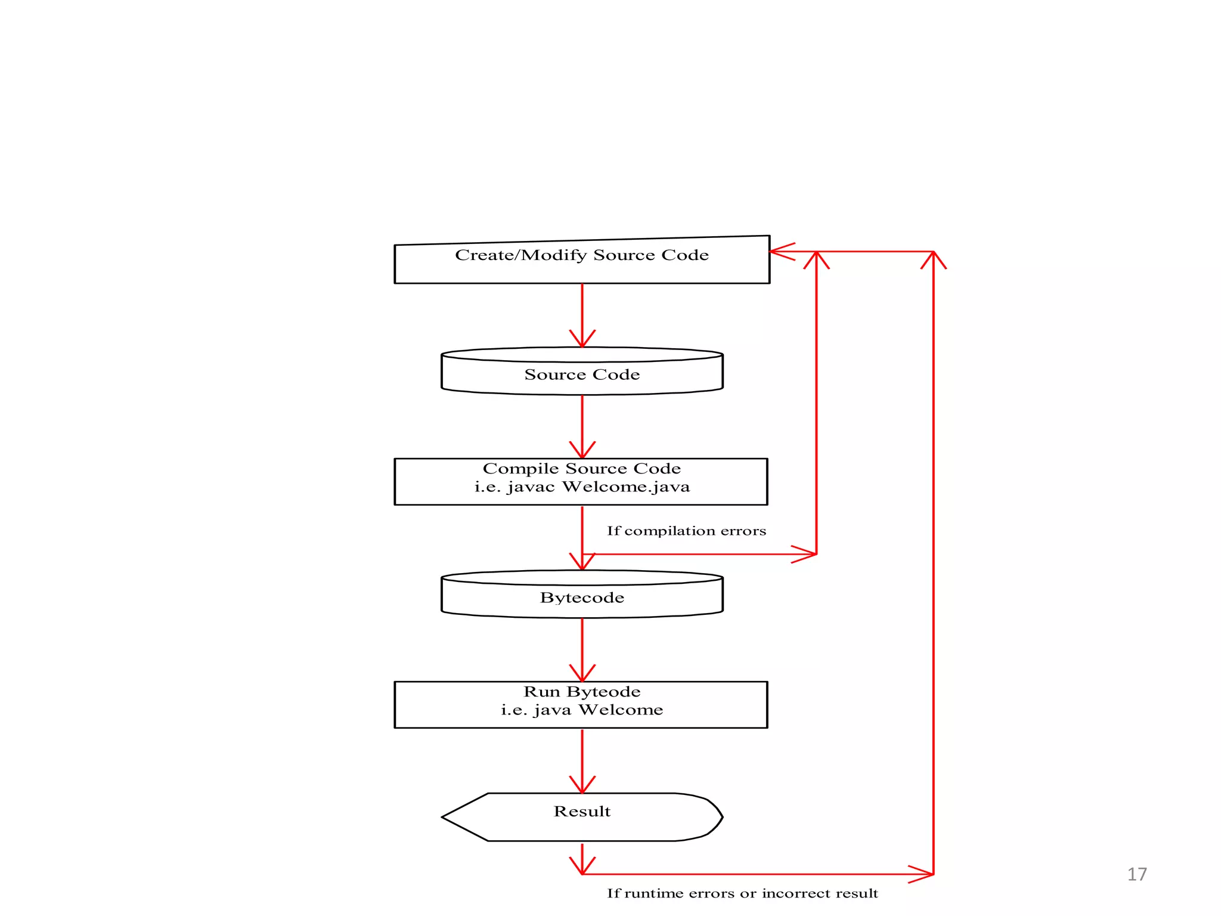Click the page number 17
coord(1136,874)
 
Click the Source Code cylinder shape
coord(582,375)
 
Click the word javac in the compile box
coord(531,488)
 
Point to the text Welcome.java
coord(626,487)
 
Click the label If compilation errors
coord(686,531)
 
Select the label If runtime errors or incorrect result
coord(742,893)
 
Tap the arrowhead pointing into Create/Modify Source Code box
coord(781,252)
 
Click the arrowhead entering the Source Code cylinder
coord(582,340)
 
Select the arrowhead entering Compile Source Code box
coord(582,451)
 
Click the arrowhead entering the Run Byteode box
coord(582,674)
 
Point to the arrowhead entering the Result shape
coord(582,786)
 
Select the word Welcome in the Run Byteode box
coord(621,710)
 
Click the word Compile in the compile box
coord(520,469)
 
